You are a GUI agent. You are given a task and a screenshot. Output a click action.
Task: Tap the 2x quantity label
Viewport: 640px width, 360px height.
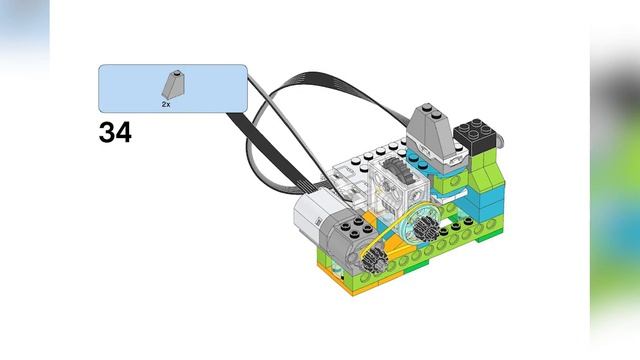tap(167, 103)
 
